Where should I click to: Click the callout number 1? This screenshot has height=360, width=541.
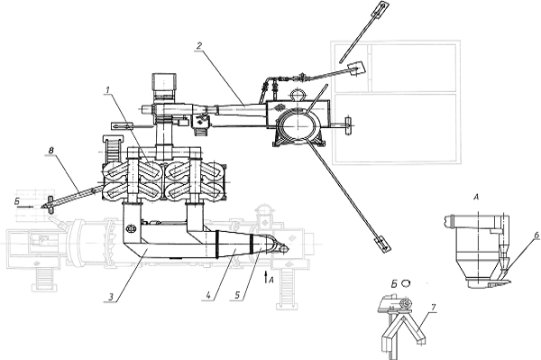pos(108,89)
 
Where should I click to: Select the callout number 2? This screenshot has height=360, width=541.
pos(198,45)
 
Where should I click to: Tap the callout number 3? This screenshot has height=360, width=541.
pos(111,297)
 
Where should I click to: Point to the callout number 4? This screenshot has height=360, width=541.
pos(208,295)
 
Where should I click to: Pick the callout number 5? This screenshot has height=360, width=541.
pos(237,295)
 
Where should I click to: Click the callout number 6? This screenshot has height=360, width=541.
pos(536,235)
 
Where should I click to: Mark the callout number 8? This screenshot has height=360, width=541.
pos(51,151)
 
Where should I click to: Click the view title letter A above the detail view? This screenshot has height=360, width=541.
pos(477,198)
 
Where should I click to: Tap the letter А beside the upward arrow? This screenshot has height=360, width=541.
pos(270,280)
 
